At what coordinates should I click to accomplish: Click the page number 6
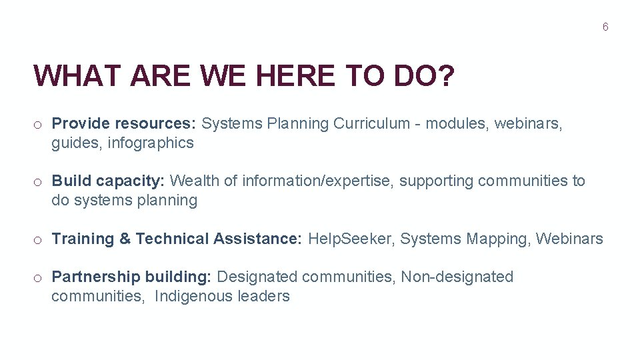click(605, 27)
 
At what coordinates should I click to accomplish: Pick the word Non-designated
click(457, 277)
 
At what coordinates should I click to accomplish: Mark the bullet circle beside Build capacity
click(39, 181)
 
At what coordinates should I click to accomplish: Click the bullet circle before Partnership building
click(39, 277)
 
